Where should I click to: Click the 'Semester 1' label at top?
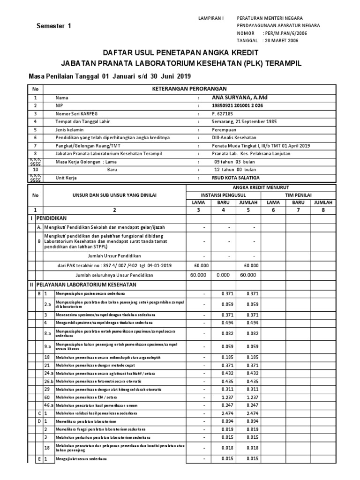click(x=54, y=26)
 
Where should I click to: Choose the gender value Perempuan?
click(x=225, y=129)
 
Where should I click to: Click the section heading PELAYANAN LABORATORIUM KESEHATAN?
click(x=90, y=284)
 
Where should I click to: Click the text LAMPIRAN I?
click(x=212, y=18)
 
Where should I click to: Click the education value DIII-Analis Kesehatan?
click(x=234, y=137)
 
